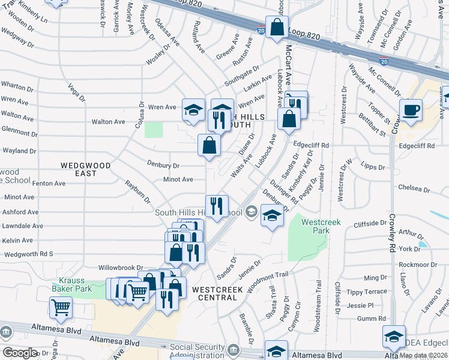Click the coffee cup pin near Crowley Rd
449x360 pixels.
pyautogui.click(x=411, y=110)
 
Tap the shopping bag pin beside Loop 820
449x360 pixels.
pyautogui.click(x=277, y=28)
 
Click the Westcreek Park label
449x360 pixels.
pyautogui.click(x=321, y=226)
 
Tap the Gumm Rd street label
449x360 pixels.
pyautogui.click(x=375, y=319)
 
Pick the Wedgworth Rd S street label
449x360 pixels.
pyautogui.click(x=29, y=254)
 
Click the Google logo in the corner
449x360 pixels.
pyautogui.click(x=20, y=353)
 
